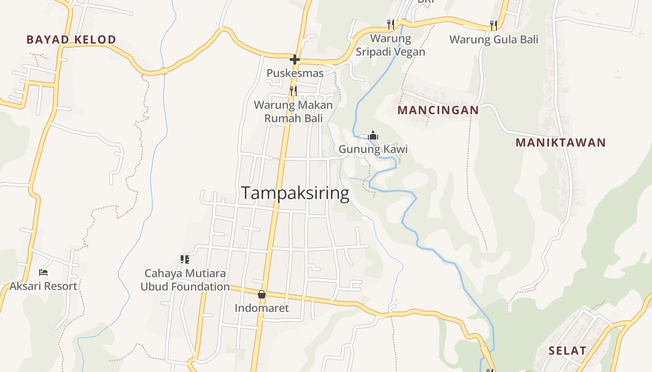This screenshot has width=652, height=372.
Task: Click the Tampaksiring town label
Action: click(x=295, y=193)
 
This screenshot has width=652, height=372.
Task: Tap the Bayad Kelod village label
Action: click(x=71, y=40)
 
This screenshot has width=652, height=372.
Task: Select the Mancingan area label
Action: click(x=438, y=110)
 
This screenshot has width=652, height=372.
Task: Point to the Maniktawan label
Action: click(x=560, y=143)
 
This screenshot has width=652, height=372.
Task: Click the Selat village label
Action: click(x=567, y=351)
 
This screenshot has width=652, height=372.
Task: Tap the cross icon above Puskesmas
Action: click(x=294, y=60)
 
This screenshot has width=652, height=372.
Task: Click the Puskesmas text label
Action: click(x=295, y=73)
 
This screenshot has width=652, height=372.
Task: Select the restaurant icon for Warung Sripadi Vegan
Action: click(x=391, y=24)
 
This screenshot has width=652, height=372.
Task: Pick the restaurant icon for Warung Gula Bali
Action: click(x=494, y=25)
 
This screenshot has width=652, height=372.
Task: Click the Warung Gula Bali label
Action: click(x=494, y=40)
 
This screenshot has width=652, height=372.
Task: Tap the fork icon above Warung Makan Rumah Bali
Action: click(x=293, y=91)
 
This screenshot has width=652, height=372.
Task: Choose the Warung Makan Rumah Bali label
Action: click(x=293, y=112)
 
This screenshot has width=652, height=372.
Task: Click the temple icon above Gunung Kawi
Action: click(x=373, y=135)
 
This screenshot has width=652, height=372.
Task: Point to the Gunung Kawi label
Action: click(x=373, y=149)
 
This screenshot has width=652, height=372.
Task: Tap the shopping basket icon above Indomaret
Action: click(x=262, y=294)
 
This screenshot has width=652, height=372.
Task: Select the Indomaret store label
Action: click(x=262, y=308)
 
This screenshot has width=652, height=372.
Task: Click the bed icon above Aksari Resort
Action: click(x=43, y=272)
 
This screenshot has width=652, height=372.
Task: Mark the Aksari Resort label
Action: click(x=43, y=286)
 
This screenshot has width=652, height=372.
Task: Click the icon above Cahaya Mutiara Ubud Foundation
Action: click(x=185, y=259)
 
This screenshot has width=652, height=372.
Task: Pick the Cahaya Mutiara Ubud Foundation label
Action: click(x=185, y=280)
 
